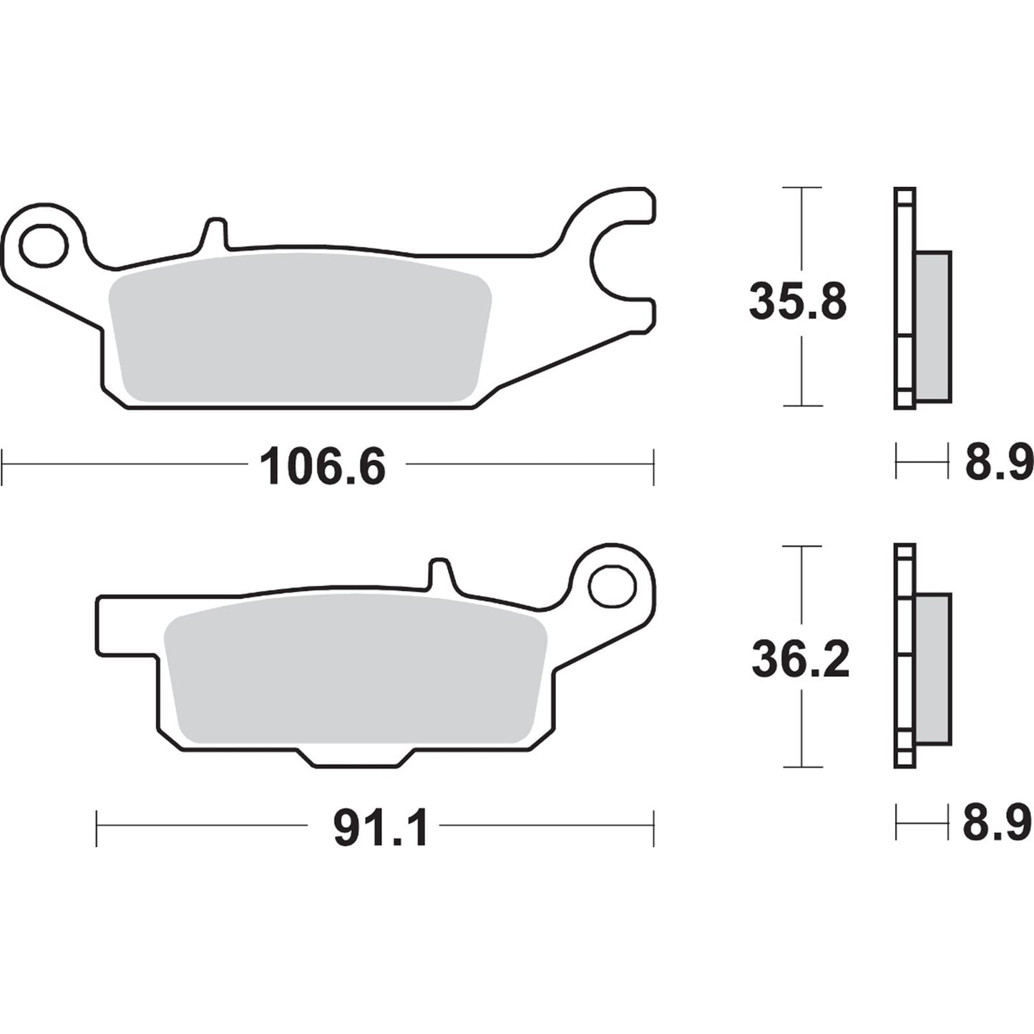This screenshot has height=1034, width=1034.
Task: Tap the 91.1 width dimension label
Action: [x=381, y=829]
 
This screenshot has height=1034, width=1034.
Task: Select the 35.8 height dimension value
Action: [x=798, y=302]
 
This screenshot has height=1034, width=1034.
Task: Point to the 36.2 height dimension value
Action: [x=800, y=660]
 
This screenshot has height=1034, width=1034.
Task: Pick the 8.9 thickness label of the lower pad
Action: [x=997, y=823]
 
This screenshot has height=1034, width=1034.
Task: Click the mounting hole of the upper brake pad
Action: [x=44, y=246]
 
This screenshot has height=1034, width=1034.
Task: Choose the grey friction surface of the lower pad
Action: [x=356, y=669]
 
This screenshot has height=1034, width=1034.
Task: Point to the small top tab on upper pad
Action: [x=215, y=233]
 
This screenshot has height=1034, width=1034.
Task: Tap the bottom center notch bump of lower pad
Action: [x=356, y=759]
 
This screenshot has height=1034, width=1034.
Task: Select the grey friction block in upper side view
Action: [x=933, y=326]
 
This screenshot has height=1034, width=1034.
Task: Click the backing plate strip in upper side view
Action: [x=904, y=298]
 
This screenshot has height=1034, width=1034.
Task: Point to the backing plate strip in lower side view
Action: [x=904, y=655]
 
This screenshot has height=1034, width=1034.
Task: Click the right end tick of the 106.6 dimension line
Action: [x=653, y=467]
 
